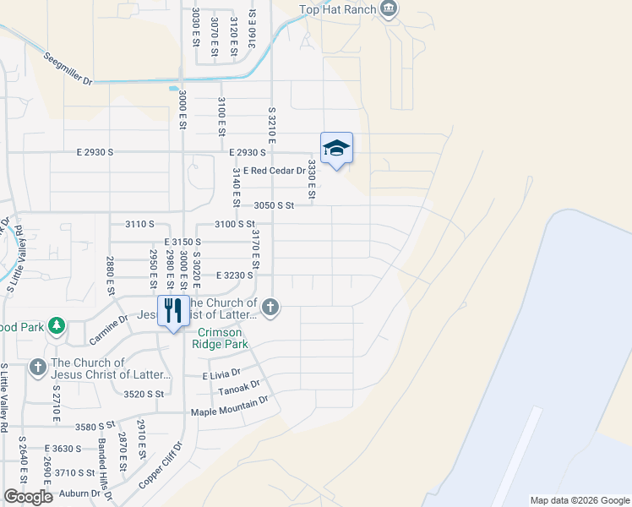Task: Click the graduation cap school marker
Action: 336,148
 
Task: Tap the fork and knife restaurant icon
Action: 172,310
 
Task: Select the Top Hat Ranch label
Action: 337,10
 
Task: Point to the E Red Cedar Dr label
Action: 274,171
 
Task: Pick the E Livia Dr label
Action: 221,372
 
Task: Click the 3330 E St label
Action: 311,180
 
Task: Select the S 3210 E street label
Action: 272,128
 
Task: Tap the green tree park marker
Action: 56,325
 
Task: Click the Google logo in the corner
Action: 28,497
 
